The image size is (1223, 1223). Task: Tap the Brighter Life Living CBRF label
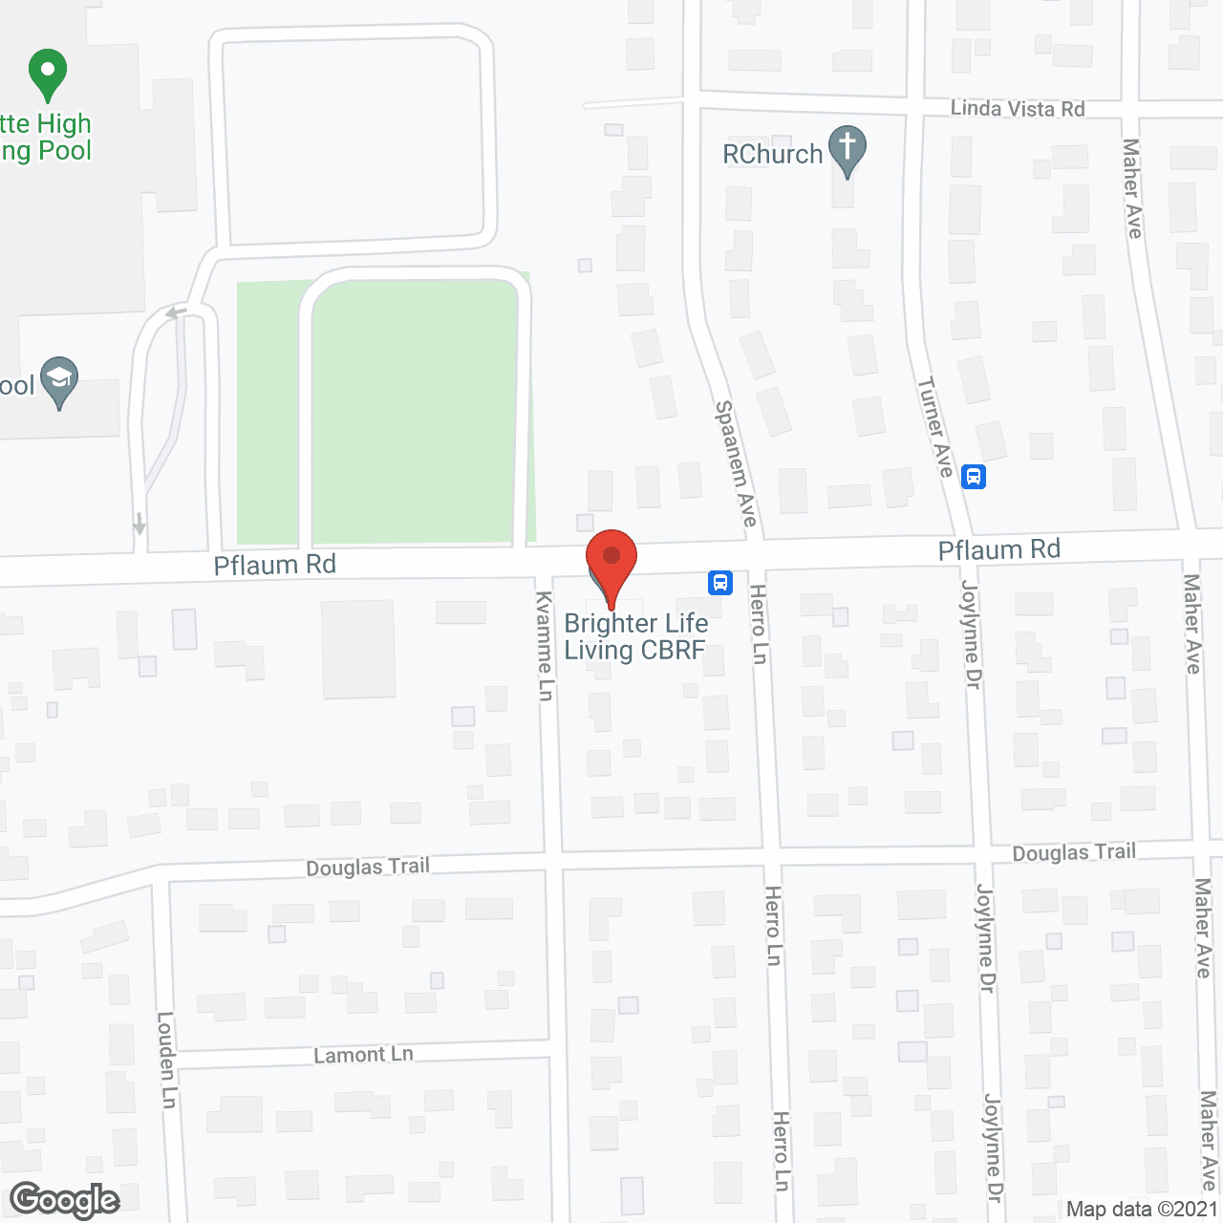[x=635, y=636]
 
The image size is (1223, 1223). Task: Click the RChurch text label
[x=772, y=154]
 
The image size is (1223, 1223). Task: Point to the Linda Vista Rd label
[x=1018, y=109]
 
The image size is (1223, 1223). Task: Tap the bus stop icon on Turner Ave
[x=974, y=476]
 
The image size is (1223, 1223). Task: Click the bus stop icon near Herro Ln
[x=720, y=582]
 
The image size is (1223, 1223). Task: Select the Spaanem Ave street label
[x=737, y=462]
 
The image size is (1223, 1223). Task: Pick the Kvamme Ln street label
[x=545, y=646]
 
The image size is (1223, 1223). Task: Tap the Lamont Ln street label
[x=364, y=1055]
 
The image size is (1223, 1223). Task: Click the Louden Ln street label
[x=167, y=1059]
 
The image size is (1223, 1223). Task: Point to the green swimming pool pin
[x=48, y=74]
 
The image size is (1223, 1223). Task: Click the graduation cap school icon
[x=59, y=381]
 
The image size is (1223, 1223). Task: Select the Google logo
[x=65, y=1200]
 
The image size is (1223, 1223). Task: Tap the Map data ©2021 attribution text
[x=1143, y=1209]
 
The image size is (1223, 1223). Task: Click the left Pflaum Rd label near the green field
[x=275, y=565]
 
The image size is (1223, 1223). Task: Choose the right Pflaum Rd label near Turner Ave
[x=999, y=549]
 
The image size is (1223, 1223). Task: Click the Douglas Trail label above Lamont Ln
[x=368, y=867]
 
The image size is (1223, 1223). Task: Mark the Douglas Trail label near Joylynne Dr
[x=1074, y=852]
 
